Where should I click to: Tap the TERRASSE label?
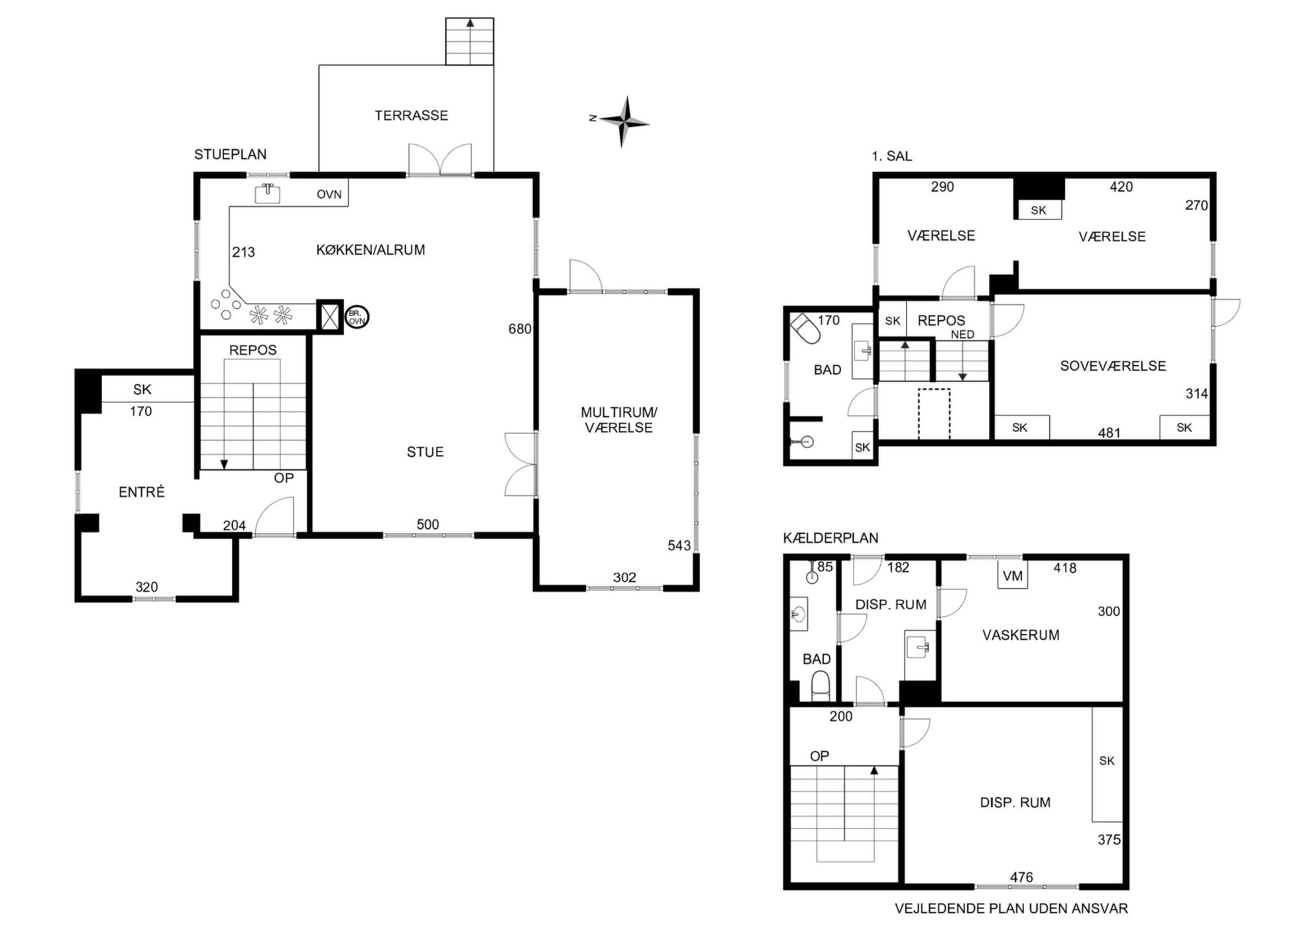(x=411, y=115)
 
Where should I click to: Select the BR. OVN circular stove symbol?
(x=357, y=318)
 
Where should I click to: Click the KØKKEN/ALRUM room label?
(x=371, y=250)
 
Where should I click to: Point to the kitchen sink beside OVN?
(x=268, y=193)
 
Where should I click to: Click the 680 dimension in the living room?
(x=520, y=329)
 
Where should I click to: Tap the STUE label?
(x=425, y=452)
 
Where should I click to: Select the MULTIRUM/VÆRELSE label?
(x=619, y=420)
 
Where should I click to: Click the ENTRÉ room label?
(x=141, y=492)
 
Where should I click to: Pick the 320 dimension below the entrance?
(x=146, y=587)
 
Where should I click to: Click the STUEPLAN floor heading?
(x=230, y=154)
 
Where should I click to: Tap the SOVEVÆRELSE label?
(x=1113, y=366)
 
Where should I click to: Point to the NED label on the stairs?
(x=962, y=335)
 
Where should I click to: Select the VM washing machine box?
(x=1013, y=575)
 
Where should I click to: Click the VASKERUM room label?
(x=1021, y=635)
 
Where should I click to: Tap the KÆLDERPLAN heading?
(x=830, y=538)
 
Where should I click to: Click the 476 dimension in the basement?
(x=1021, y=877)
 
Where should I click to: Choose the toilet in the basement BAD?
(x=821, y=685)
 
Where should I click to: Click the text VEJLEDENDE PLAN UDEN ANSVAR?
(x=1011, y=909)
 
